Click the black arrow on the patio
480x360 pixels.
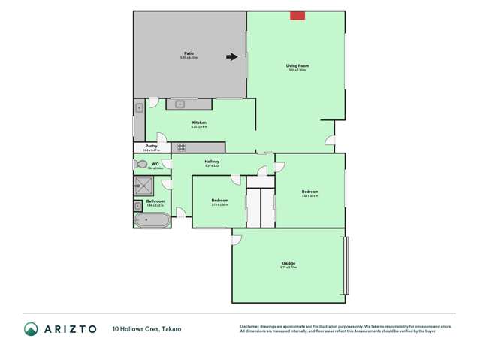coord(232,56)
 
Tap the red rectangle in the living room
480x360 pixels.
coord(297,15)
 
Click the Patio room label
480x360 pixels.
coord(189,53)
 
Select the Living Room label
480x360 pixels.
coord(297,66)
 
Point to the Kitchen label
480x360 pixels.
coord(199,123)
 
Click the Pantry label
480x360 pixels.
coord(151,146)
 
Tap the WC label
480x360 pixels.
coord(155,163)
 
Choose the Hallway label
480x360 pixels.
coord(211,161)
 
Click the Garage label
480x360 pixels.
coord(288,263)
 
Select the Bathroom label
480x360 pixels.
coord(155,201)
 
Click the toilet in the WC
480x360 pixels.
coord(140,164)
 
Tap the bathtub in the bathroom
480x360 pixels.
coord(152,220)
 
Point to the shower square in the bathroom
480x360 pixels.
coord(143,186)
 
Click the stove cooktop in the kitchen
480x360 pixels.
coord(182,147)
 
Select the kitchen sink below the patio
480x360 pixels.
coord(183,104)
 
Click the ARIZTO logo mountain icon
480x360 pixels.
coord(32,329)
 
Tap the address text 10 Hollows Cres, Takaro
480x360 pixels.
coord(146,329)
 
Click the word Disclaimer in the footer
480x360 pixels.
coord(250,327)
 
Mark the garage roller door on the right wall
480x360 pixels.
coord(346,266)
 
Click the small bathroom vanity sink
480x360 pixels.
coord(139,204)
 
